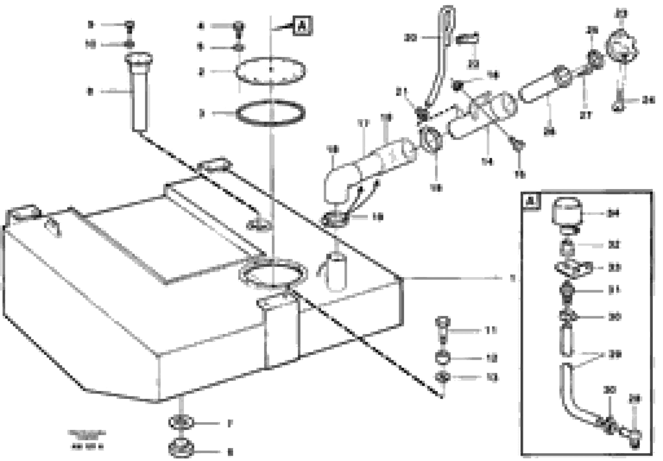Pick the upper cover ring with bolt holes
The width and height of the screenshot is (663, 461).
270,72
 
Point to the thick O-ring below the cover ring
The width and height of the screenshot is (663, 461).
270,113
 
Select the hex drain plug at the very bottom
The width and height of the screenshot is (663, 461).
181,448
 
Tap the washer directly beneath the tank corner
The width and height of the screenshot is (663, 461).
181,423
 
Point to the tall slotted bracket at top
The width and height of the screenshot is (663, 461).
442,58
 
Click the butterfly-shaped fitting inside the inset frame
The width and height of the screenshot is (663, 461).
573,268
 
